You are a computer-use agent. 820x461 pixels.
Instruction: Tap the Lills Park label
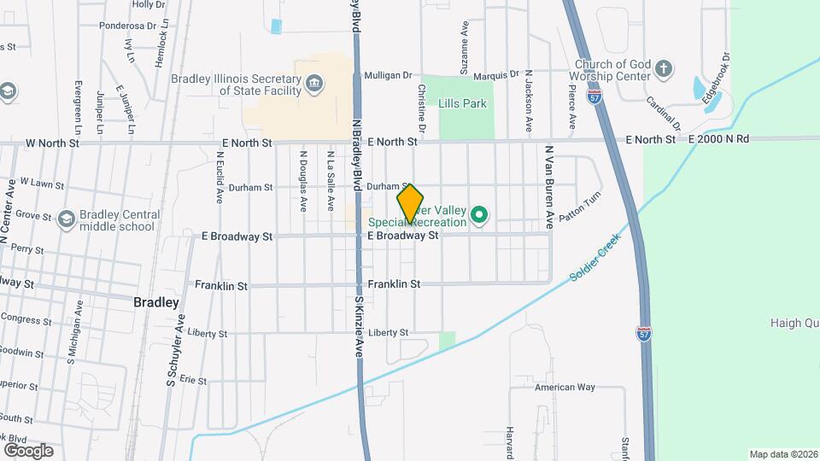462,104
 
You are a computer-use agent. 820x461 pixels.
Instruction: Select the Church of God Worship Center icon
665,67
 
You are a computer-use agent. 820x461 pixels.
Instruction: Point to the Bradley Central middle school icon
66,219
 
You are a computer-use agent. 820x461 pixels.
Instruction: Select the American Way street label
564,387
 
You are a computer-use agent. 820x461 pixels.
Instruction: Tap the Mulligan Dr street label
388,75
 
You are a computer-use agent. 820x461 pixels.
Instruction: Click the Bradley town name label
157,302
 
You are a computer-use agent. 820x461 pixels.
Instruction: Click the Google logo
28,450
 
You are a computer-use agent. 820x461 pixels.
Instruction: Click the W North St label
53,143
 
